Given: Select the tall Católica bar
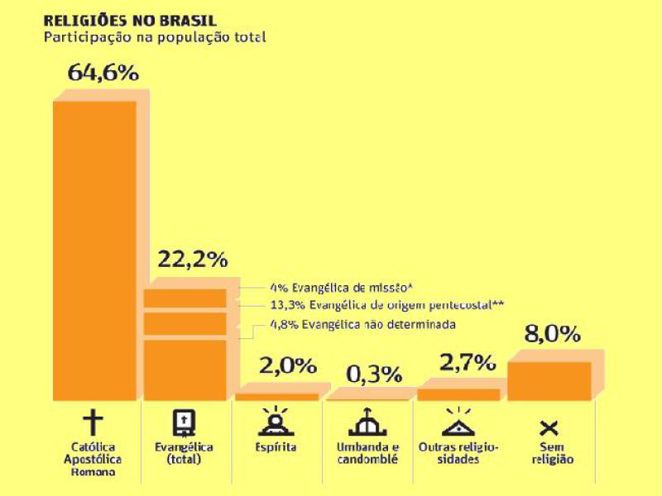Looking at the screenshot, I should pos(94,248).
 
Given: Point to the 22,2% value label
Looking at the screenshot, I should pos(192,259).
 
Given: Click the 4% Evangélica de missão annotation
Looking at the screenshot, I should pos(340,287).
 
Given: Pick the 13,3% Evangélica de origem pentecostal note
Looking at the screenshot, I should pos(387,305).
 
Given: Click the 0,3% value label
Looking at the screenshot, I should pos(373,374).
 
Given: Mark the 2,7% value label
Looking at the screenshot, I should pos(467,362).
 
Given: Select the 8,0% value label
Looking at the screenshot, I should pos(552,335).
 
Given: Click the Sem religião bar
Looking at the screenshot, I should pos(549,381).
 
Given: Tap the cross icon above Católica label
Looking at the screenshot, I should pos(94,422).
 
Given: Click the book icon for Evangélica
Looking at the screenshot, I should pos(184,423).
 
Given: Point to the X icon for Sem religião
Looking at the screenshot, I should pos(548,427).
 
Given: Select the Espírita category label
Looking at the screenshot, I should pos(275,447).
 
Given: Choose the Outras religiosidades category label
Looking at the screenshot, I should pos(457,453).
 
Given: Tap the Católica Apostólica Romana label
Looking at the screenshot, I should pos(94,460).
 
